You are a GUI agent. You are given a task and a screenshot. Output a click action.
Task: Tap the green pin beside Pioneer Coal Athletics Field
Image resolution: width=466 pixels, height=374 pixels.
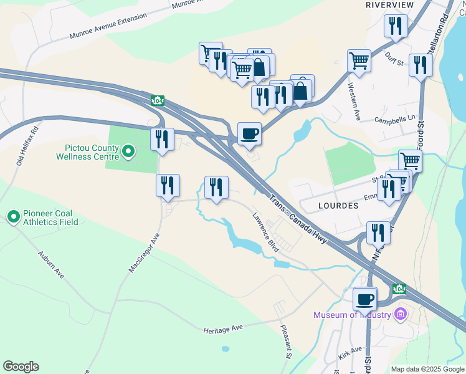[13, 217]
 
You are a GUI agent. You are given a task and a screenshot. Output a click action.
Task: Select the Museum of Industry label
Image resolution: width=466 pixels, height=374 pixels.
[352, 315]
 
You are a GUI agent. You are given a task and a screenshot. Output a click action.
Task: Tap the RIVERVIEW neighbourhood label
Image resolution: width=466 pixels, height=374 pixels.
[389, 4]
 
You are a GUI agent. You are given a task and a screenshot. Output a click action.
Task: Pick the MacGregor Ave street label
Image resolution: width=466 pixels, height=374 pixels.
[145, 252]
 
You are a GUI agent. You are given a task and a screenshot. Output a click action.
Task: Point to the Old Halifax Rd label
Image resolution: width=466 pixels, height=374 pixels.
[28, 146]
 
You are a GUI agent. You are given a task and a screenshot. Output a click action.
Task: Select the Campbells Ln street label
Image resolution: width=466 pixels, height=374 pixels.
[394, 118]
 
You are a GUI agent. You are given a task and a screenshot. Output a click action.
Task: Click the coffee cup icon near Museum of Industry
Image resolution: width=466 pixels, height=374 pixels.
[365, 299]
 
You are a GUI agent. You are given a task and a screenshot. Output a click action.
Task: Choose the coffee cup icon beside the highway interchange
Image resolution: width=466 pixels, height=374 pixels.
[249, 133]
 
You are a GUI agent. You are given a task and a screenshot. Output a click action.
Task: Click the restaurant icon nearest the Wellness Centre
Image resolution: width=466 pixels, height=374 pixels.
[162, 140]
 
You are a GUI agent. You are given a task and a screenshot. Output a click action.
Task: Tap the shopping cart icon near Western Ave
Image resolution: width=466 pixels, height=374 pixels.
[359, 61]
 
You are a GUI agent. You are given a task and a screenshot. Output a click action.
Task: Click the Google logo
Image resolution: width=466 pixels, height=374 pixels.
[21, 367]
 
